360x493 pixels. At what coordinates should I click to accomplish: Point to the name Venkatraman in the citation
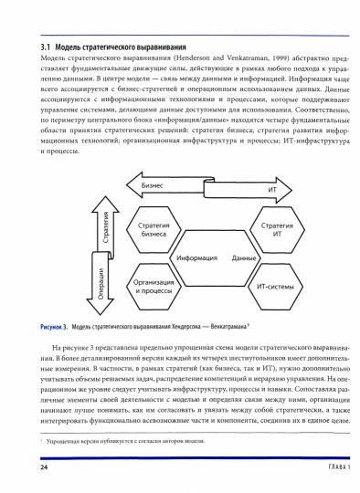(189, 61)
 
